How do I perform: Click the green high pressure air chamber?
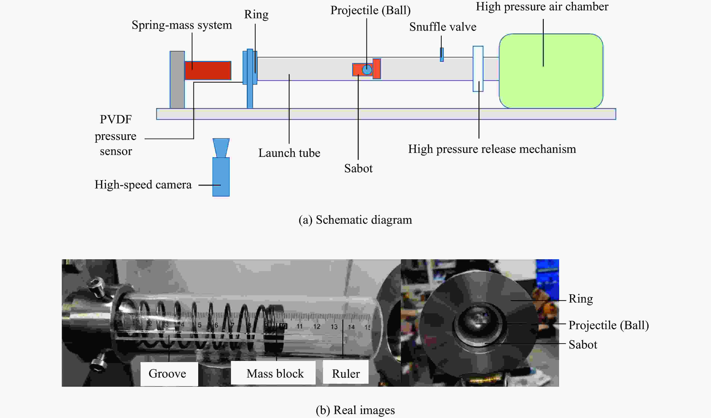pos(551,71)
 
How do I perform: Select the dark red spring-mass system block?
pos(208,70)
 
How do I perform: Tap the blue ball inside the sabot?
pos(367,69)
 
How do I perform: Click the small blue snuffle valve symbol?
pos(442,55)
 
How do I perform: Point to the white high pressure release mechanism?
pos(478,69)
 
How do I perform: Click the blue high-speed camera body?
pos(221,177)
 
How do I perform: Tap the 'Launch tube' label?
pos(289,153)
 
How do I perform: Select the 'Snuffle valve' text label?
pos(443,27)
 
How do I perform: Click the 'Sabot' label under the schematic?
pos(358,168)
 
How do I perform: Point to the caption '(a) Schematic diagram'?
pos(355,220)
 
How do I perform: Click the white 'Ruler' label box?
pos(346,373)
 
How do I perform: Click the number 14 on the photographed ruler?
pos(351,327)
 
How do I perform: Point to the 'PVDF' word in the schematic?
pos(116,119)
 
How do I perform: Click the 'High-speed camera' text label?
pos(143,185)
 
